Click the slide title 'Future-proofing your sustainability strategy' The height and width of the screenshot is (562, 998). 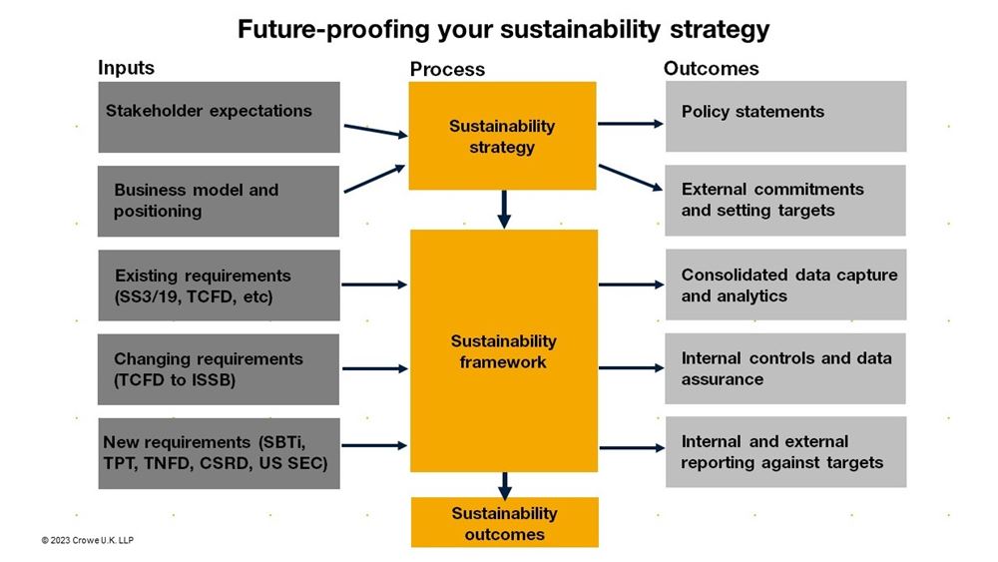click(x=503, y=29)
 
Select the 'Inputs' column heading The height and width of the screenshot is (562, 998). click(x=126, y=68)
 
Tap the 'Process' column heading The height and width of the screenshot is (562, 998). click(x=447, y=69)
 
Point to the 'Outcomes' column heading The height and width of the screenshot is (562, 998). click(x=711, y=68)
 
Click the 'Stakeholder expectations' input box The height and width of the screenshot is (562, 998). click(x=219, y=117)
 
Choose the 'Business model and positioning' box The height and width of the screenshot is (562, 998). click(x=219, y=201)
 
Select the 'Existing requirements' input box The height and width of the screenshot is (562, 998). click(x=219, y=284)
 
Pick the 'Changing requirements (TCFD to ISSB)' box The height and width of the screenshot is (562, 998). click(x=219, y=368)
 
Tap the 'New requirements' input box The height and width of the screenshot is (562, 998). click(x=219, y=452)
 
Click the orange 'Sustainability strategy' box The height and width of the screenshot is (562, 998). click(x=502, y=136)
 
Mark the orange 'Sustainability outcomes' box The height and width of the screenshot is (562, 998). click(x=504, y=522)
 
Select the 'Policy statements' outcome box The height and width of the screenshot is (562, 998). click(x=785, y=116)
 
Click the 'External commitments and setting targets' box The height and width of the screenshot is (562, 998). click(x=785, y=200)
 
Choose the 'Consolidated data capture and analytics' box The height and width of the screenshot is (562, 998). click(x=785, y=284)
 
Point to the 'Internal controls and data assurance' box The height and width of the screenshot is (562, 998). click(x=785, y=368)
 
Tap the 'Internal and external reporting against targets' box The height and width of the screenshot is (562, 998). click(x=785, y=452)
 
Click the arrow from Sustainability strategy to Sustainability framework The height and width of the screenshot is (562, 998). click(x=504, y=209)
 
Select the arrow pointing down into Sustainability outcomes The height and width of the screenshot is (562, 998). click(x=504, y=484)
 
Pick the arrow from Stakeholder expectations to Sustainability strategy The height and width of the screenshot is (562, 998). click(x=374, y=131)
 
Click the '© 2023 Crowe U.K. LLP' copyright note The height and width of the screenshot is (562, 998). click(x=87, y=540)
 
